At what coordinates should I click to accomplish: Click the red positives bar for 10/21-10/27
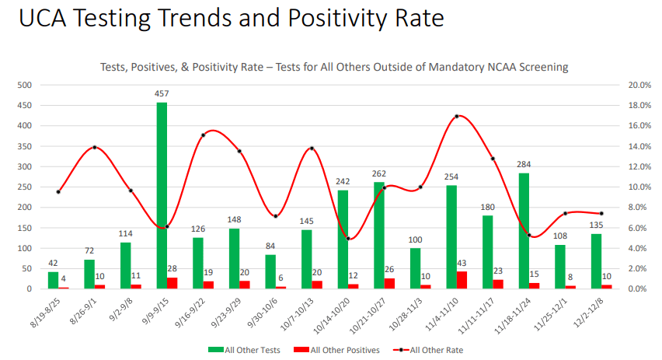point(390,284)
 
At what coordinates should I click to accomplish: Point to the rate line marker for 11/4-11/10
point(457,116)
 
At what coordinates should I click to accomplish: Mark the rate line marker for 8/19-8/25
point(58,191)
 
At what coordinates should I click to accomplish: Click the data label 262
point(379,174)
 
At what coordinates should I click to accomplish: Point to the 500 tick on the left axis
point(25,85)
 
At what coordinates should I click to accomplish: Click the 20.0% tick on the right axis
point(640,85)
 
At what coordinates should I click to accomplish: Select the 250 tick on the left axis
point(25,187)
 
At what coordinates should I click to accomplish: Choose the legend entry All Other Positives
point(340,350)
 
